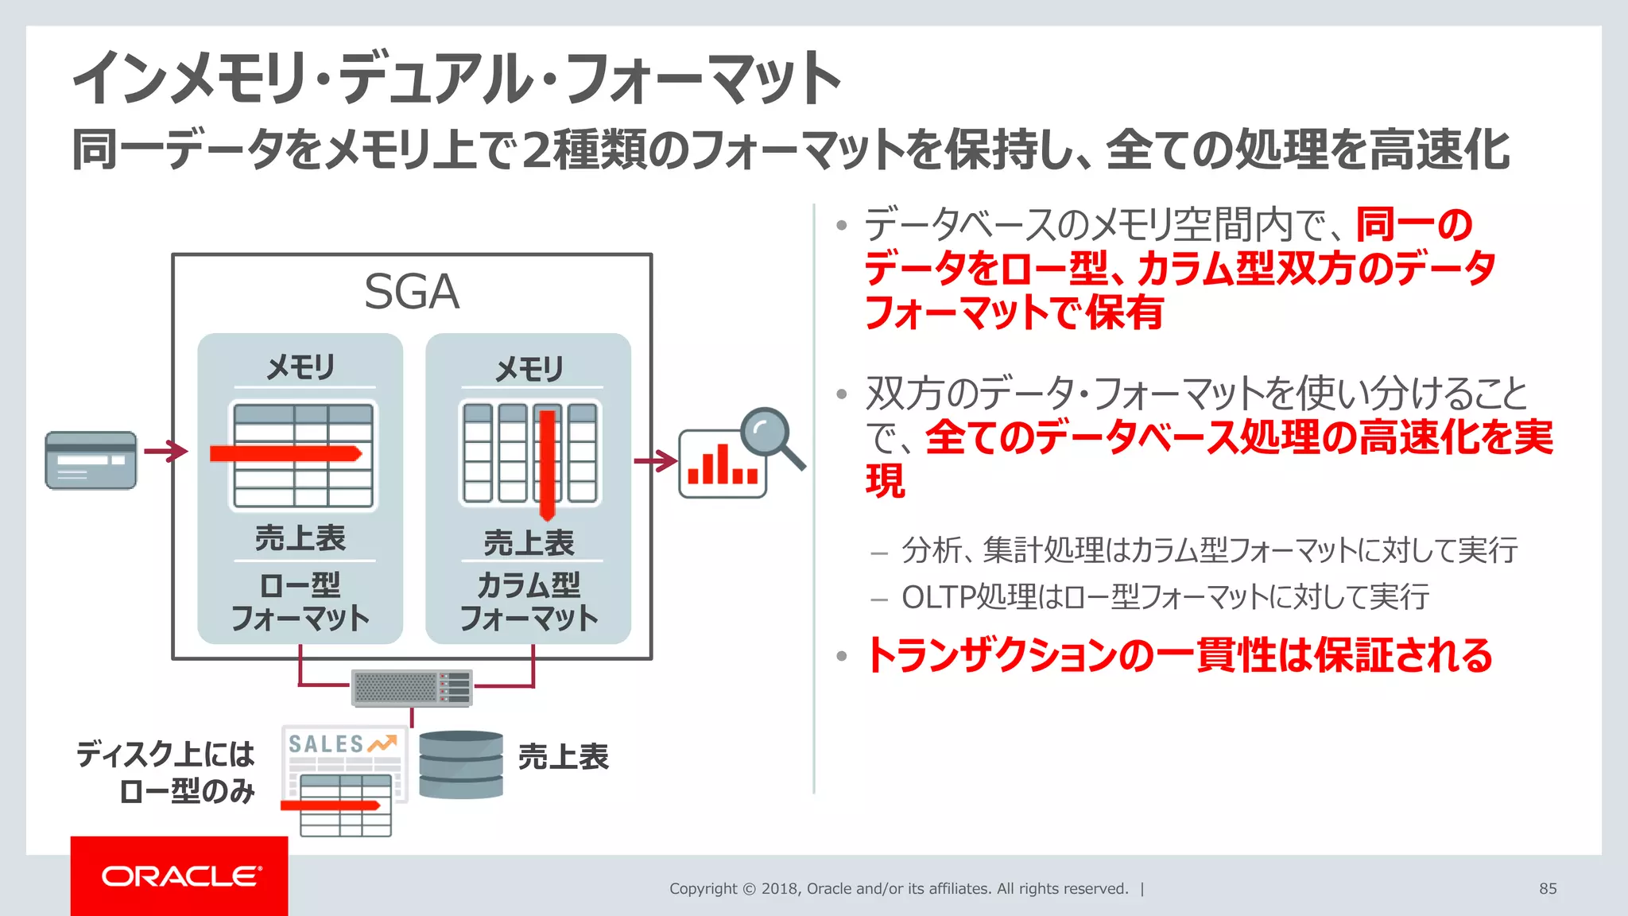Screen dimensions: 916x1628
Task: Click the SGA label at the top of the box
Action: [x=411, y=292]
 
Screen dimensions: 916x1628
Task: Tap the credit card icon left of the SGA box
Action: [x=91, y=460]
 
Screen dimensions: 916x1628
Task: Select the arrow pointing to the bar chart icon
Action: [x=655, y=460]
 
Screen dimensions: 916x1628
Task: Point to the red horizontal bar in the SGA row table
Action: [x=285, y=454]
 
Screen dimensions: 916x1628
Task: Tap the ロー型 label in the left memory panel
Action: [x=300, y=586]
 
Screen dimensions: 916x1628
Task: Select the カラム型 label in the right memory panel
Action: [x=529, y=586]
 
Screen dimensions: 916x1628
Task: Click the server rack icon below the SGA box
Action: [x=412, y=689]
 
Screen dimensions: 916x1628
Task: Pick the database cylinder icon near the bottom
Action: [x=461, y=764]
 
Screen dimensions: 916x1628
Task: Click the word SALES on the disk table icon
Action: [x=326, y=744]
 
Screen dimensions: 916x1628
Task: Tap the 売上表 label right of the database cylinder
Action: [x=563, y=757]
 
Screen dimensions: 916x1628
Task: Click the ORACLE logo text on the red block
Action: [x=180, y=876]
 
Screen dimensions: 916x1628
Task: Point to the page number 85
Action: [x=1548, y=889]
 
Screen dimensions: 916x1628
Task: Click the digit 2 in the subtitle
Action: [x=537, y=150]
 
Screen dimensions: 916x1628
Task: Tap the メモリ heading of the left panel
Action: [x=300, y=367]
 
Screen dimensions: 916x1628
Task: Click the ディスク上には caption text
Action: [x=165, y=754]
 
